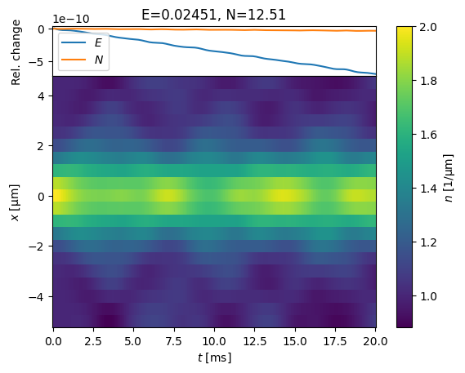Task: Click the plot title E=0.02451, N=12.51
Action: pos(213,15)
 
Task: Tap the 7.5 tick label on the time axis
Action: pos(173,341)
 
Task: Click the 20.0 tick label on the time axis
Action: pos(375,341)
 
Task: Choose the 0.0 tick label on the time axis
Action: pos(53,341)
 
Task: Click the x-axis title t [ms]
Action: pos(214,357)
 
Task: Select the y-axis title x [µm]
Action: pos(15,202)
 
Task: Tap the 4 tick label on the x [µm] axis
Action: pos(41,96)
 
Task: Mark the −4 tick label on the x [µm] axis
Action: pos(37,296)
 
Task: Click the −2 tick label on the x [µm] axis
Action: pos(37,246)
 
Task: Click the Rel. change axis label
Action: pos(16,52)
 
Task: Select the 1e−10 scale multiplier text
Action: pos(71,20)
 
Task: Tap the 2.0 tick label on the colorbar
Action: pos(428,27)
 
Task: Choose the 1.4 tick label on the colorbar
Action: pos(428,189)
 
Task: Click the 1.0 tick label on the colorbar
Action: pos(428,296)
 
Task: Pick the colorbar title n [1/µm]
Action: pos(449,178)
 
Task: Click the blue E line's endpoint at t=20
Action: pos(376,73)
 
